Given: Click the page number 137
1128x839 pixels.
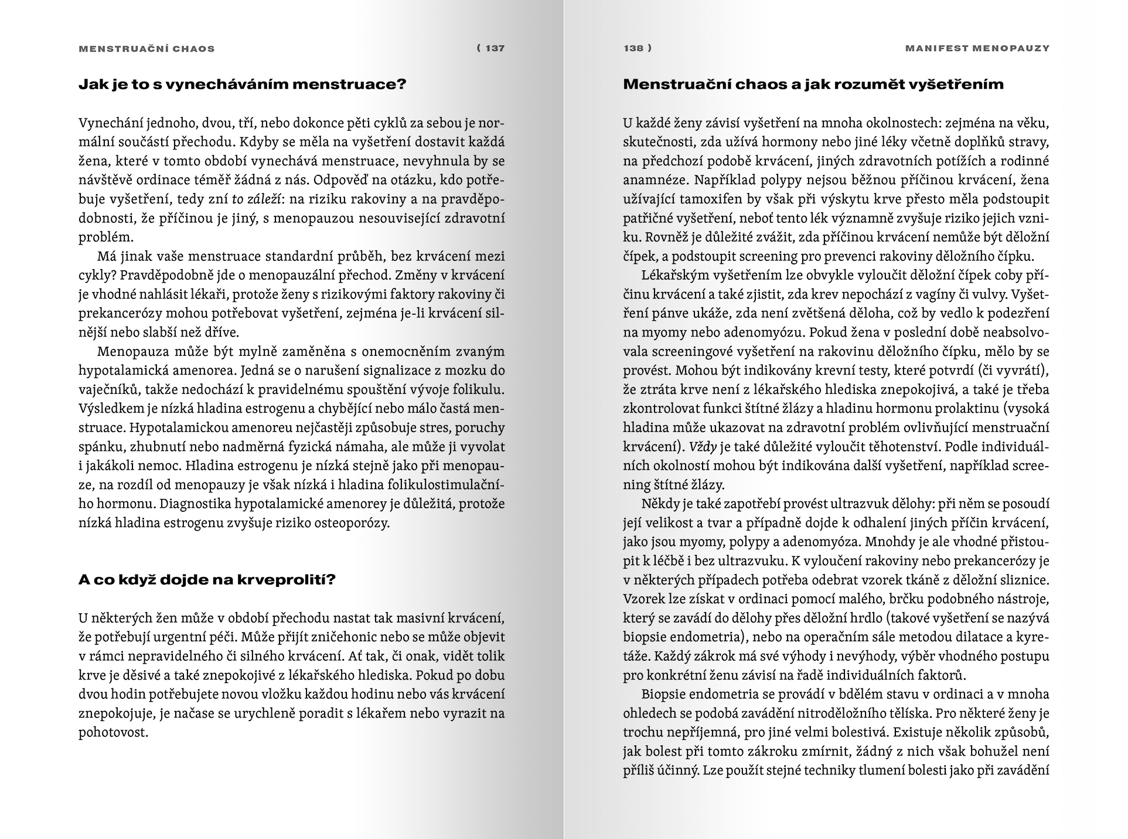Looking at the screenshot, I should (x=495, y=48).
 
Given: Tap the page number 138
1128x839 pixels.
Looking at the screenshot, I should (x=634, y=48).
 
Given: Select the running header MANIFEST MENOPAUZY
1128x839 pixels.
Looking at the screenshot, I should (x=977, y=48).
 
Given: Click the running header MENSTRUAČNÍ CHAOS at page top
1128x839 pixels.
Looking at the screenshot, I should (x=146, y=49).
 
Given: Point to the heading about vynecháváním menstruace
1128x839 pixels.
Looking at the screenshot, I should (x=242, y=84).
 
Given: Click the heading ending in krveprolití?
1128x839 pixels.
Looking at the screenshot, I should (x=207, y=580).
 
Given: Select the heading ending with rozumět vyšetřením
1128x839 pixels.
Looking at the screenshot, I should (x=813, y=84).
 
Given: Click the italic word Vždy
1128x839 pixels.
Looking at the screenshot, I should (x=703, y=447).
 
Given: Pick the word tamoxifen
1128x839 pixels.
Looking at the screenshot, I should (x=709, y=199).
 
